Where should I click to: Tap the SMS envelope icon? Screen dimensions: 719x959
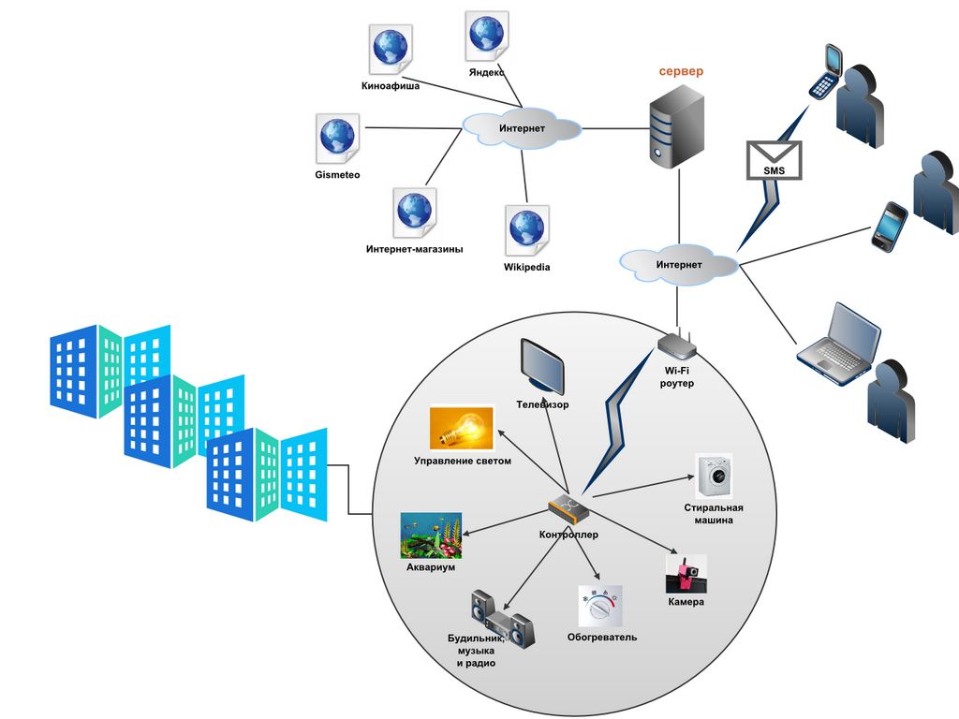(x=774, y=160)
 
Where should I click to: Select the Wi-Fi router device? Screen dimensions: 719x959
(x=676, y=346)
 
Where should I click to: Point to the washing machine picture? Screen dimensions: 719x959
(x=715, y=477)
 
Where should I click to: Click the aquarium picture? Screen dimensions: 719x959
(x=431, y=536)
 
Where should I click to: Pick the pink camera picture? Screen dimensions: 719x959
(x=686, y=573)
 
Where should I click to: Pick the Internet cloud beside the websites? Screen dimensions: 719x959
(x=522, y=128)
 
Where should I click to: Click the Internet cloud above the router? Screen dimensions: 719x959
(x=679, y=265)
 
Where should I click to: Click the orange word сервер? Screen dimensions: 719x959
(x=680, y=71)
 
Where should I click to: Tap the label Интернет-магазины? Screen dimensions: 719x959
(x=414, y=249)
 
